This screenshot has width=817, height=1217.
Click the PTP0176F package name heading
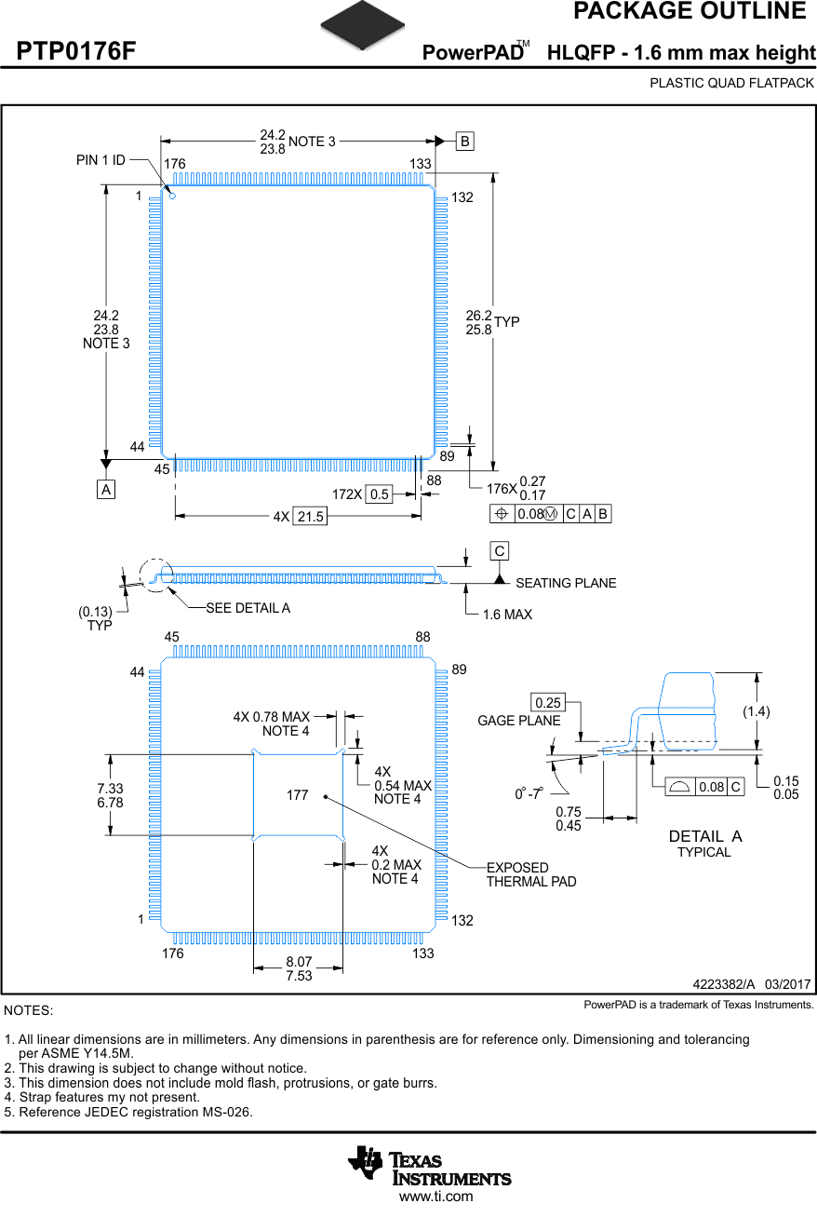coord(76,52)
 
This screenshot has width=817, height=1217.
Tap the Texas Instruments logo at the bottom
coord(429,1165)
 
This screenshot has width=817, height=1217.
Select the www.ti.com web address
coord(435,1197)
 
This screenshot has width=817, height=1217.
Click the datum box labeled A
coord(106,489)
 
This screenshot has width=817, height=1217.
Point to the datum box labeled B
coord(464,142)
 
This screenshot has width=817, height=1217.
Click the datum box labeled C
coord(500,551)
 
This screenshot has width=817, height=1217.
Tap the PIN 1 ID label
coord(100,160)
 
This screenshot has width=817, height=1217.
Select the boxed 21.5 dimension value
coord(310,516)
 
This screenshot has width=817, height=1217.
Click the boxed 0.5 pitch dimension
coord(379,494)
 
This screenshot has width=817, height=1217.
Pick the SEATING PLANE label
coord(566,583)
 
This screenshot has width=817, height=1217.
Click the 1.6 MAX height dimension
coord(507,615)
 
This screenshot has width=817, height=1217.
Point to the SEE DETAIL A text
coord(248,608)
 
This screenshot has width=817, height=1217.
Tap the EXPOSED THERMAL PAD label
coord(530,874)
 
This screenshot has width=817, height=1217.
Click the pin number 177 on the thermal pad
coord(297,795)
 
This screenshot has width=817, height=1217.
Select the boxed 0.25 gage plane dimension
coord(548,701)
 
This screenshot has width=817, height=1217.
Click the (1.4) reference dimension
coord(757,711)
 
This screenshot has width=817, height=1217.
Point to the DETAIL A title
coord(704,836)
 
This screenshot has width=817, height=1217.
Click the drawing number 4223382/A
coord(723,984)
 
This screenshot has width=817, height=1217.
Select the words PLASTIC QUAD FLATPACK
coord(731,83)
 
